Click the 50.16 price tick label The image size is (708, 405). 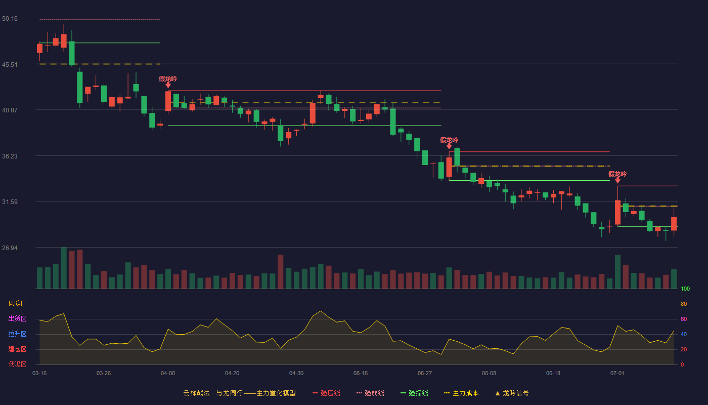coord(10,19)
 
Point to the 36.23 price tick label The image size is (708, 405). coord(10,156)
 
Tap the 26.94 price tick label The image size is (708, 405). coord(10,248)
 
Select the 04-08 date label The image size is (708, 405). coord(168,374)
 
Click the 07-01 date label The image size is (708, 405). coord(617,374)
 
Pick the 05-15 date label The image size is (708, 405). coord(361,374)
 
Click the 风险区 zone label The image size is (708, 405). coord(17,304)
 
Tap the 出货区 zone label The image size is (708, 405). coord(17,318)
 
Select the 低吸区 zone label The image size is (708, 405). coord(17,364)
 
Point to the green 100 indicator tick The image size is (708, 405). coord(685,289)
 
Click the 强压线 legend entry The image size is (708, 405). coord(326,393)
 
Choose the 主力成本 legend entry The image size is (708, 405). coord(461,393)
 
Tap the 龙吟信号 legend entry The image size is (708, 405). coord(512,393)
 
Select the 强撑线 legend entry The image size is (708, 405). coord(414,393)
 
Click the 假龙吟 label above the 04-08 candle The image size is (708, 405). coord(168,79)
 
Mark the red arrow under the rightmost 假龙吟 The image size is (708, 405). coord(617,180)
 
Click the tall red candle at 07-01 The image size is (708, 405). coord(617,212)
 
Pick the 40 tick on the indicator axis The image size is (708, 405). coord(684,334)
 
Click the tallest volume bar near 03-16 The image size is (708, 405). coord(64,268)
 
